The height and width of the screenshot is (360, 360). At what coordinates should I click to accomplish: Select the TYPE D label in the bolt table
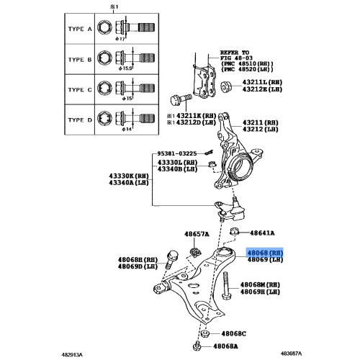point(79,120)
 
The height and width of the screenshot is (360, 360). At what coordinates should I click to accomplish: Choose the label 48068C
point(233,334)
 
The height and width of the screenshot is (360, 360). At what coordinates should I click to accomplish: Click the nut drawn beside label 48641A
point(235,233)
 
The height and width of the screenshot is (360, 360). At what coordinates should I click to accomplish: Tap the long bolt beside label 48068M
point(225,287)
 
